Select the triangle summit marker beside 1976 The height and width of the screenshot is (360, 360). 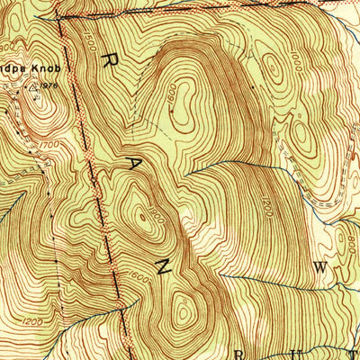click(35, 88)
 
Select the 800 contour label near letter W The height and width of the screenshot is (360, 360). click(346, 241)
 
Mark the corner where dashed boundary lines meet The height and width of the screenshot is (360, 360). click(59, 17)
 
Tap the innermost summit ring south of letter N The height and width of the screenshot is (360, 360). click(184, 313)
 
